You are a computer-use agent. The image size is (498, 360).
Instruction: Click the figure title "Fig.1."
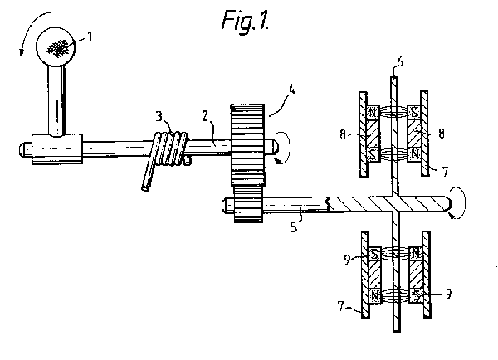click(x=246, y=20)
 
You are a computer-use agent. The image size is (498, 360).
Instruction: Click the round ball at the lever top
click(x=56, y=46)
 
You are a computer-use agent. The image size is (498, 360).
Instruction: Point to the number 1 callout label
click(x=90, y=36)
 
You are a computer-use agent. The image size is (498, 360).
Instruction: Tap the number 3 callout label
click(x=159, y=116)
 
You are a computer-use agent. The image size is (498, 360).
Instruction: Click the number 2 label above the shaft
click(x=205, y=116)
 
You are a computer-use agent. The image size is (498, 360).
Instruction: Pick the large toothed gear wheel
click(x=247, y=145)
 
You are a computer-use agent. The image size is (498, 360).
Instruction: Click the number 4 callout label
click(x=292, y=90)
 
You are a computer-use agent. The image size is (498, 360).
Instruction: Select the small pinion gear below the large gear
click(x=248, y=204)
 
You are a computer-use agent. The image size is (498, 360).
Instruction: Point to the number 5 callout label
click(x=294, y=226)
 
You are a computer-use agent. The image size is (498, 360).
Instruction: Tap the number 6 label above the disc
click(x=400, y=61)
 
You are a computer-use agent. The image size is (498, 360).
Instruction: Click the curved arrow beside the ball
click(x=29, y=29)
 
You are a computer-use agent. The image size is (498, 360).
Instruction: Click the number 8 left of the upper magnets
click(x=342, y=134)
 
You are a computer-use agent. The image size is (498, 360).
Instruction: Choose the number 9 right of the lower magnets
click(x=448, y=294)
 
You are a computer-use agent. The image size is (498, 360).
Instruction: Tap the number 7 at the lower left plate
click(x=341, y=306)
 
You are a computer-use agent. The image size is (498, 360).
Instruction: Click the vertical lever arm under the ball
click(x=56, y=100)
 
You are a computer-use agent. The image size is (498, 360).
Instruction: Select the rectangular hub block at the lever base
click(x=57, y=148)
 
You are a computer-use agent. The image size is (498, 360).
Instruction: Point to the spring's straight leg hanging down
click(x=149, y=173)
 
